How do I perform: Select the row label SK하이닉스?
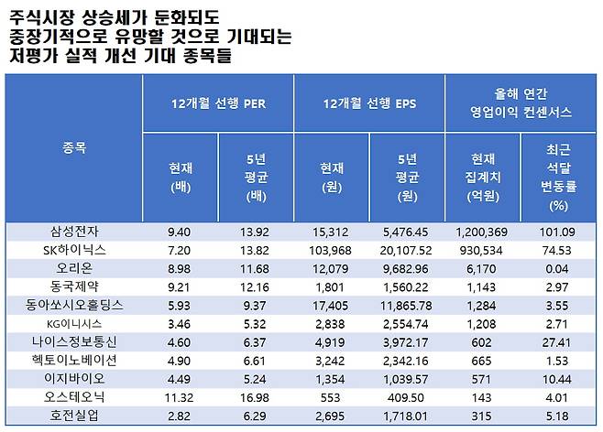pyautogui.click(x=74, y=249)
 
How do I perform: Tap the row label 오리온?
pyautogui.click(x=74, y=266)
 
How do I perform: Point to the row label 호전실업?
pyautogui.click(x=74, y=414)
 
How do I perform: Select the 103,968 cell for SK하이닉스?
pyautogui.click(x=331, y=249)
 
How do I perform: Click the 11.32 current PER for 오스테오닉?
pyautogui.click(x=180, y=395)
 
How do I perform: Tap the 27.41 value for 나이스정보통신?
pyautogui.click(x=558, y=340)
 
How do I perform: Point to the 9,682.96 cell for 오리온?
pyautogui.click(x=407, y=266)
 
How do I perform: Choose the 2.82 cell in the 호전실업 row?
pyautogui.click(x=180, y=414)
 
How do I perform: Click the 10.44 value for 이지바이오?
pyautogui.click(x=558, y=377)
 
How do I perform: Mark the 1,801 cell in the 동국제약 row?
pyautogui.click(x=331, y=285)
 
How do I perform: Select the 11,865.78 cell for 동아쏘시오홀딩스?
pyautogui.click(x=407, y=303)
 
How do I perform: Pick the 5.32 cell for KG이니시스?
pyautogui.click(x=256, y=322)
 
